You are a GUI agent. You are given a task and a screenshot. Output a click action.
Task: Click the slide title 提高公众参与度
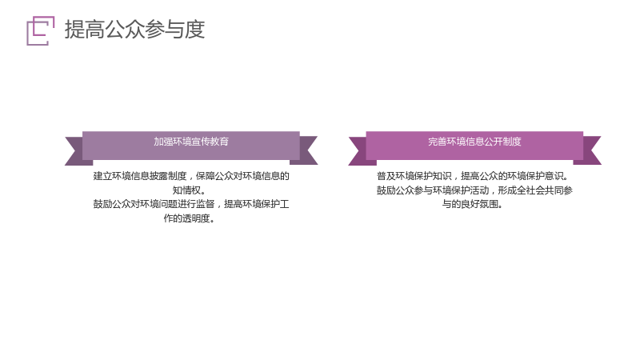pyautogui.click(x=134, y=30)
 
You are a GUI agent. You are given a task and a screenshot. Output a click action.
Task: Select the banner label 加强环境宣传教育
pyautogui.click(x=191, y=142)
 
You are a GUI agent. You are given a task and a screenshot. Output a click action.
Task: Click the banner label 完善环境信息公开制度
pyautogui.click(x=474, y=142)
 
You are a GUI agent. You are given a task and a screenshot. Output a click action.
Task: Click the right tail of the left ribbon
pyautogui.click(x=306, y=150)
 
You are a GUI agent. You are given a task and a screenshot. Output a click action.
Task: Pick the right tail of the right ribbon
pyautogui.click(x=590, y=150)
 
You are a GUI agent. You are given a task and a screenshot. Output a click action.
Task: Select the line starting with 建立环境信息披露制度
pyautogui.click(x=191, y=176)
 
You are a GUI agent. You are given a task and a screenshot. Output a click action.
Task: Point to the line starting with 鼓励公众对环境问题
pyautogui.click(x=191, y=204)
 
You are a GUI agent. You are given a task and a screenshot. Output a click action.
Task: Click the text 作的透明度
pyautogui.click(x=190, y=218)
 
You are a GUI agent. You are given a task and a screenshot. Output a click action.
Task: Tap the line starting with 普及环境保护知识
pyautogui.click(x=473, y=176)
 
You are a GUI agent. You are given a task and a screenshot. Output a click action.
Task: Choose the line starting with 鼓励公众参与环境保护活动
pyautogui.click(x=474, y=190)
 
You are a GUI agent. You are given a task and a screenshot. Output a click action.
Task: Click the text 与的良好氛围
pyautogui.click(x=473, y=204)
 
